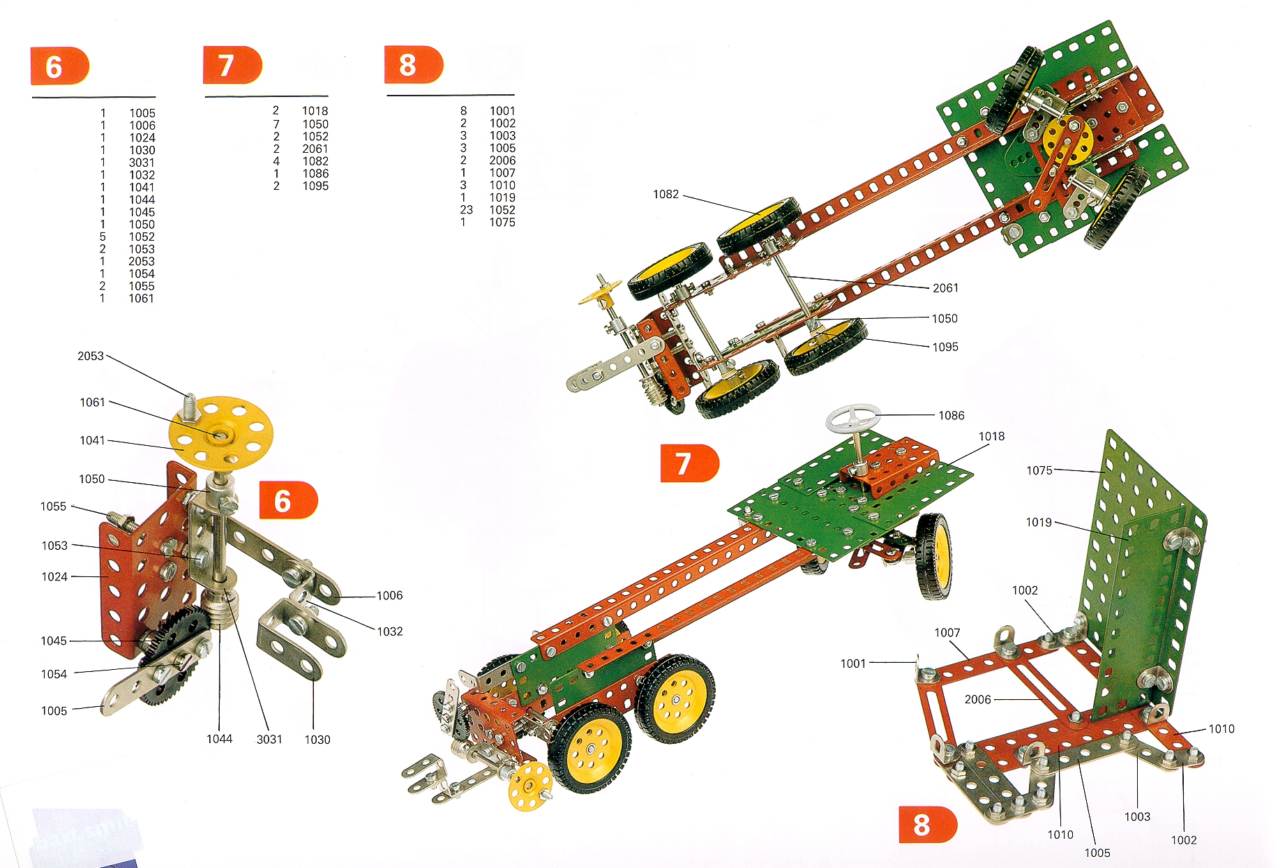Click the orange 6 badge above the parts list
(59, 66)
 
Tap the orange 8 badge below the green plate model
(927, 825)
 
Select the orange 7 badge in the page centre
(689, 463)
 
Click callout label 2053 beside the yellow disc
(91, 356)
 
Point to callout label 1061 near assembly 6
(92, 402)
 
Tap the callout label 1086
(951, 415)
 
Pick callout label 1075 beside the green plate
(1039, 470)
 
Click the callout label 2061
(945, 287)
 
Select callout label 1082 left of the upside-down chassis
(666, 194)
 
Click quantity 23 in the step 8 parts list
(466, 210)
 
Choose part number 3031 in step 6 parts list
(142, 163)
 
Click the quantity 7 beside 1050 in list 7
(276, 124)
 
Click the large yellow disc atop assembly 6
(221, 433)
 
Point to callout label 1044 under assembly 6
(219, 739)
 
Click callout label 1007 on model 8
(947, 632)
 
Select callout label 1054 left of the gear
(54, 674)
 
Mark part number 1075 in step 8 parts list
(502, 222)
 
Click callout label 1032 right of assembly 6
(390, 631)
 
